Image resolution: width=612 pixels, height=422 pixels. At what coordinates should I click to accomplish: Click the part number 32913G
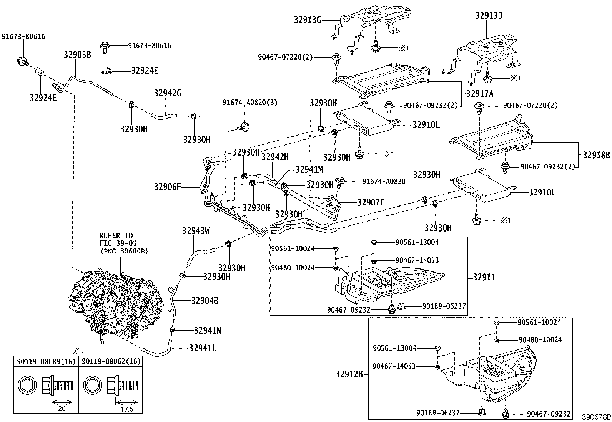point(308,20)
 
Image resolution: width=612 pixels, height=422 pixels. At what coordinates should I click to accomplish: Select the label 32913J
point(489,16)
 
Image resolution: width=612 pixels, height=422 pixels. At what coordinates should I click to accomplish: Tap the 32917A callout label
point(480,94)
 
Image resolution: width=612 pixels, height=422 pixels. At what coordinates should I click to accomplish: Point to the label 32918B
point(596,155)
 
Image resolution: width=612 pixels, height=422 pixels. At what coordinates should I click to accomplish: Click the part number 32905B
point(77,55)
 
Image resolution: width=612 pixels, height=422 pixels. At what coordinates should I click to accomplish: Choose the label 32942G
point(168,93)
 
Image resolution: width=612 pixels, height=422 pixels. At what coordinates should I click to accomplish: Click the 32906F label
point(168,187)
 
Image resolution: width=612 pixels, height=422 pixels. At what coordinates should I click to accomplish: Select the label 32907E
point(371,202)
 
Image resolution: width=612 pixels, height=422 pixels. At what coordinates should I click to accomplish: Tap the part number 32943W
point(196,231)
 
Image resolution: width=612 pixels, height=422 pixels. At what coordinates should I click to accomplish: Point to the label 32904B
point(205,301)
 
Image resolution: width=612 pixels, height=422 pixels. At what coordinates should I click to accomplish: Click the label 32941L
point(203,348)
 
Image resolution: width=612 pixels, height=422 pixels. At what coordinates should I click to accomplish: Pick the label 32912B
point(349,374)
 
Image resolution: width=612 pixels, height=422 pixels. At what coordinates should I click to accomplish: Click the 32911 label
point(484,277)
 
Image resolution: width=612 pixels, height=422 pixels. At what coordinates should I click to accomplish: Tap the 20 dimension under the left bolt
point(62,408)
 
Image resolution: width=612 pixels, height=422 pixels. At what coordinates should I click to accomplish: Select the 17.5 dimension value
point(127,409)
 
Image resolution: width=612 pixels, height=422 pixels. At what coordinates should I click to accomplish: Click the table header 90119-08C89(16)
point(46,362)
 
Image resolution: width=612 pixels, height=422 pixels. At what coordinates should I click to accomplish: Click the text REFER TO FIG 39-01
point(118,239)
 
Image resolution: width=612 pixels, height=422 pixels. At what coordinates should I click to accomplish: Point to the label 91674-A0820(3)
point(250,103)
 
